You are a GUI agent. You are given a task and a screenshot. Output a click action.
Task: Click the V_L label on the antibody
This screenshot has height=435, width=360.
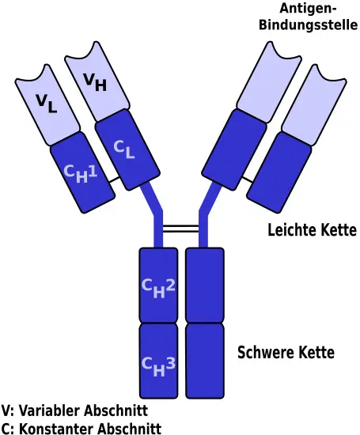(x=47, y=104)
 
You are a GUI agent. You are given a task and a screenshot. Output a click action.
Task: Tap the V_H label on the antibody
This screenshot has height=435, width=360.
(x=95, y=82)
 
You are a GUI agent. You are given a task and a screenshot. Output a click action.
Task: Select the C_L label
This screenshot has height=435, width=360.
(x=124, y=149)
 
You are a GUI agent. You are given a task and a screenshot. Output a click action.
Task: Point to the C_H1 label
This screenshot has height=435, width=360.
(x=81, y=174)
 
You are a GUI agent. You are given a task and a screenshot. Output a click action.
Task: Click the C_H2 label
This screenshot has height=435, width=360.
(x=158, y=289)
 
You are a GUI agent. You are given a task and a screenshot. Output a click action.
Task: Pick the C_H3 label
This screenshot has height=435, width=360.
(x=158, y=367)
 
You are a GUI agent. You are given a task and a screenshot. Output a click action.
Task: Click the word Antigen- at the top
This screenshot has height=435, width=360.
(x=308, y=9)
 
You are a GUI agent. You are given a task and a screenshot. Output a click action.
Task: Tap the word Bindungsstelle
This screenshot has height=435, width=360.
(x=308, y=25)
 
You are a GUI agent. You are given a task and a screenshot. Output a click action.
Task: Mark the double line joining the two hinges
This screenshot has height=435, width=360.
(x=180, y=229)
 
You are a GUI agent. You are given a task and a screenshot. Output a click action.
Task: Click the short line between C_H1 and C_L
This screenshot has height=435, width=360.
(x=114, y=180)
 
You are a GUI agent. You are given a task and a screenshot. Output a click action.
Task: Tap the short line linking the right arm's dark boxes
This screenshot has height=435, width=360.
(x=248, y=180)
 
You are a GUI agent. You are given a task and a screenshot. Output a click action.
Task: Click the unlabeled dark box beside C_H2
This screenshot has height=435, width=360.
(x=205, y=286)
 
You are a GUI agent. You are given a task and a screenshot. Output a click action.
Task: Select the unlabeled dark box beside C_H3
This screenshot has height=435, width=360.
(x=205, y=361)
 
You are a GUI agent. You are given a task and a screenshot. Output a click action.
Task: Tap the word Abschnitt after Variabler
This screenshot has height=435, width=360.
(x=116, y=410)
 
